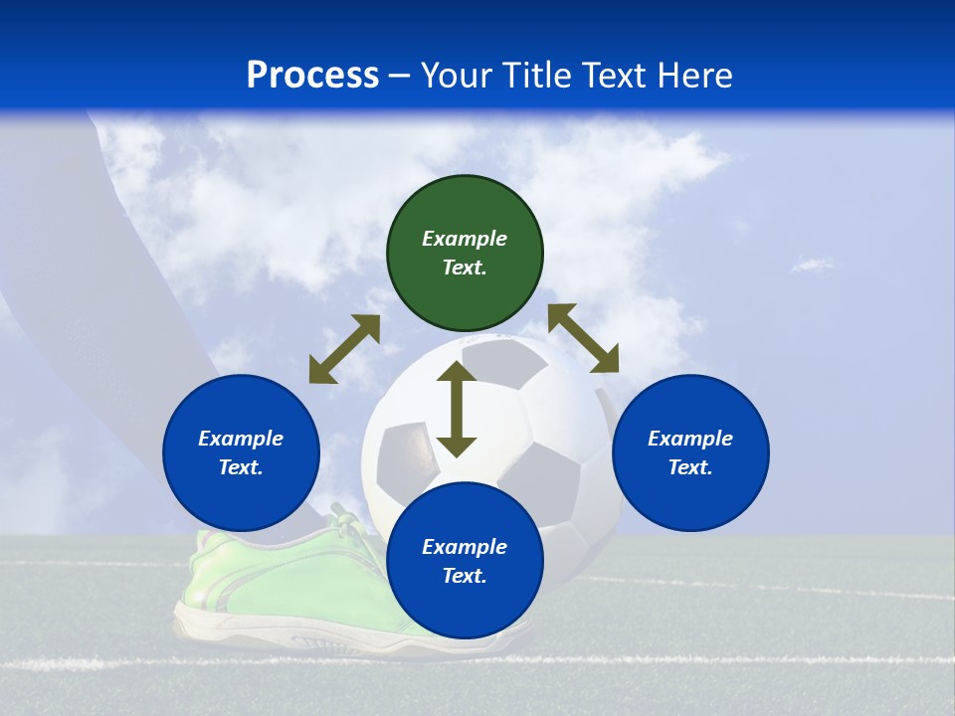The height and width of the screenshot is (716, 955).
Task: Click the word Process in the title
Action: [x=312, y=76]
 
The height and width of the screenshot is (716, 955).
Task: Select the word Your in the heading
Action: [x=458, y=76]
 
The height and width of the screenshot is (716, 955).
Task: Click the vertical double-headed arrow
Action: [x=457, y=409]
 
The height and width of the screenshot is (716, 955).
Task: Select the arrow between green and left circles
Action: [x=344, y=349]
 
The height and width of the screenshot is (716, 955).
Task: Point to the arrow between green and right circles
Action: [x=584, y=338]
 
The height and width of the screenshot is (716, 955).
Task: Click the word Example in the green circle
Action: [x=465, y=239]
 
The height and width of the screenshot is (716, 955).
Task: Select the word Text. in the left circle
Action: [x=241, y=467]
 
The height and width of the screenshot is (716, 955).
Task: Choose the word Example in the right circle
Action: [x=690, y=439]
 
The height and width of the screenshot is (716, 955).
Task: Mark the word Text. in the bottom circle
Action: [x=465, y=576]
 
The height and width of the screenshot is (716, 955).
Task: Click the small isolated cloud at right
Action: [x=813, y=265]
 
